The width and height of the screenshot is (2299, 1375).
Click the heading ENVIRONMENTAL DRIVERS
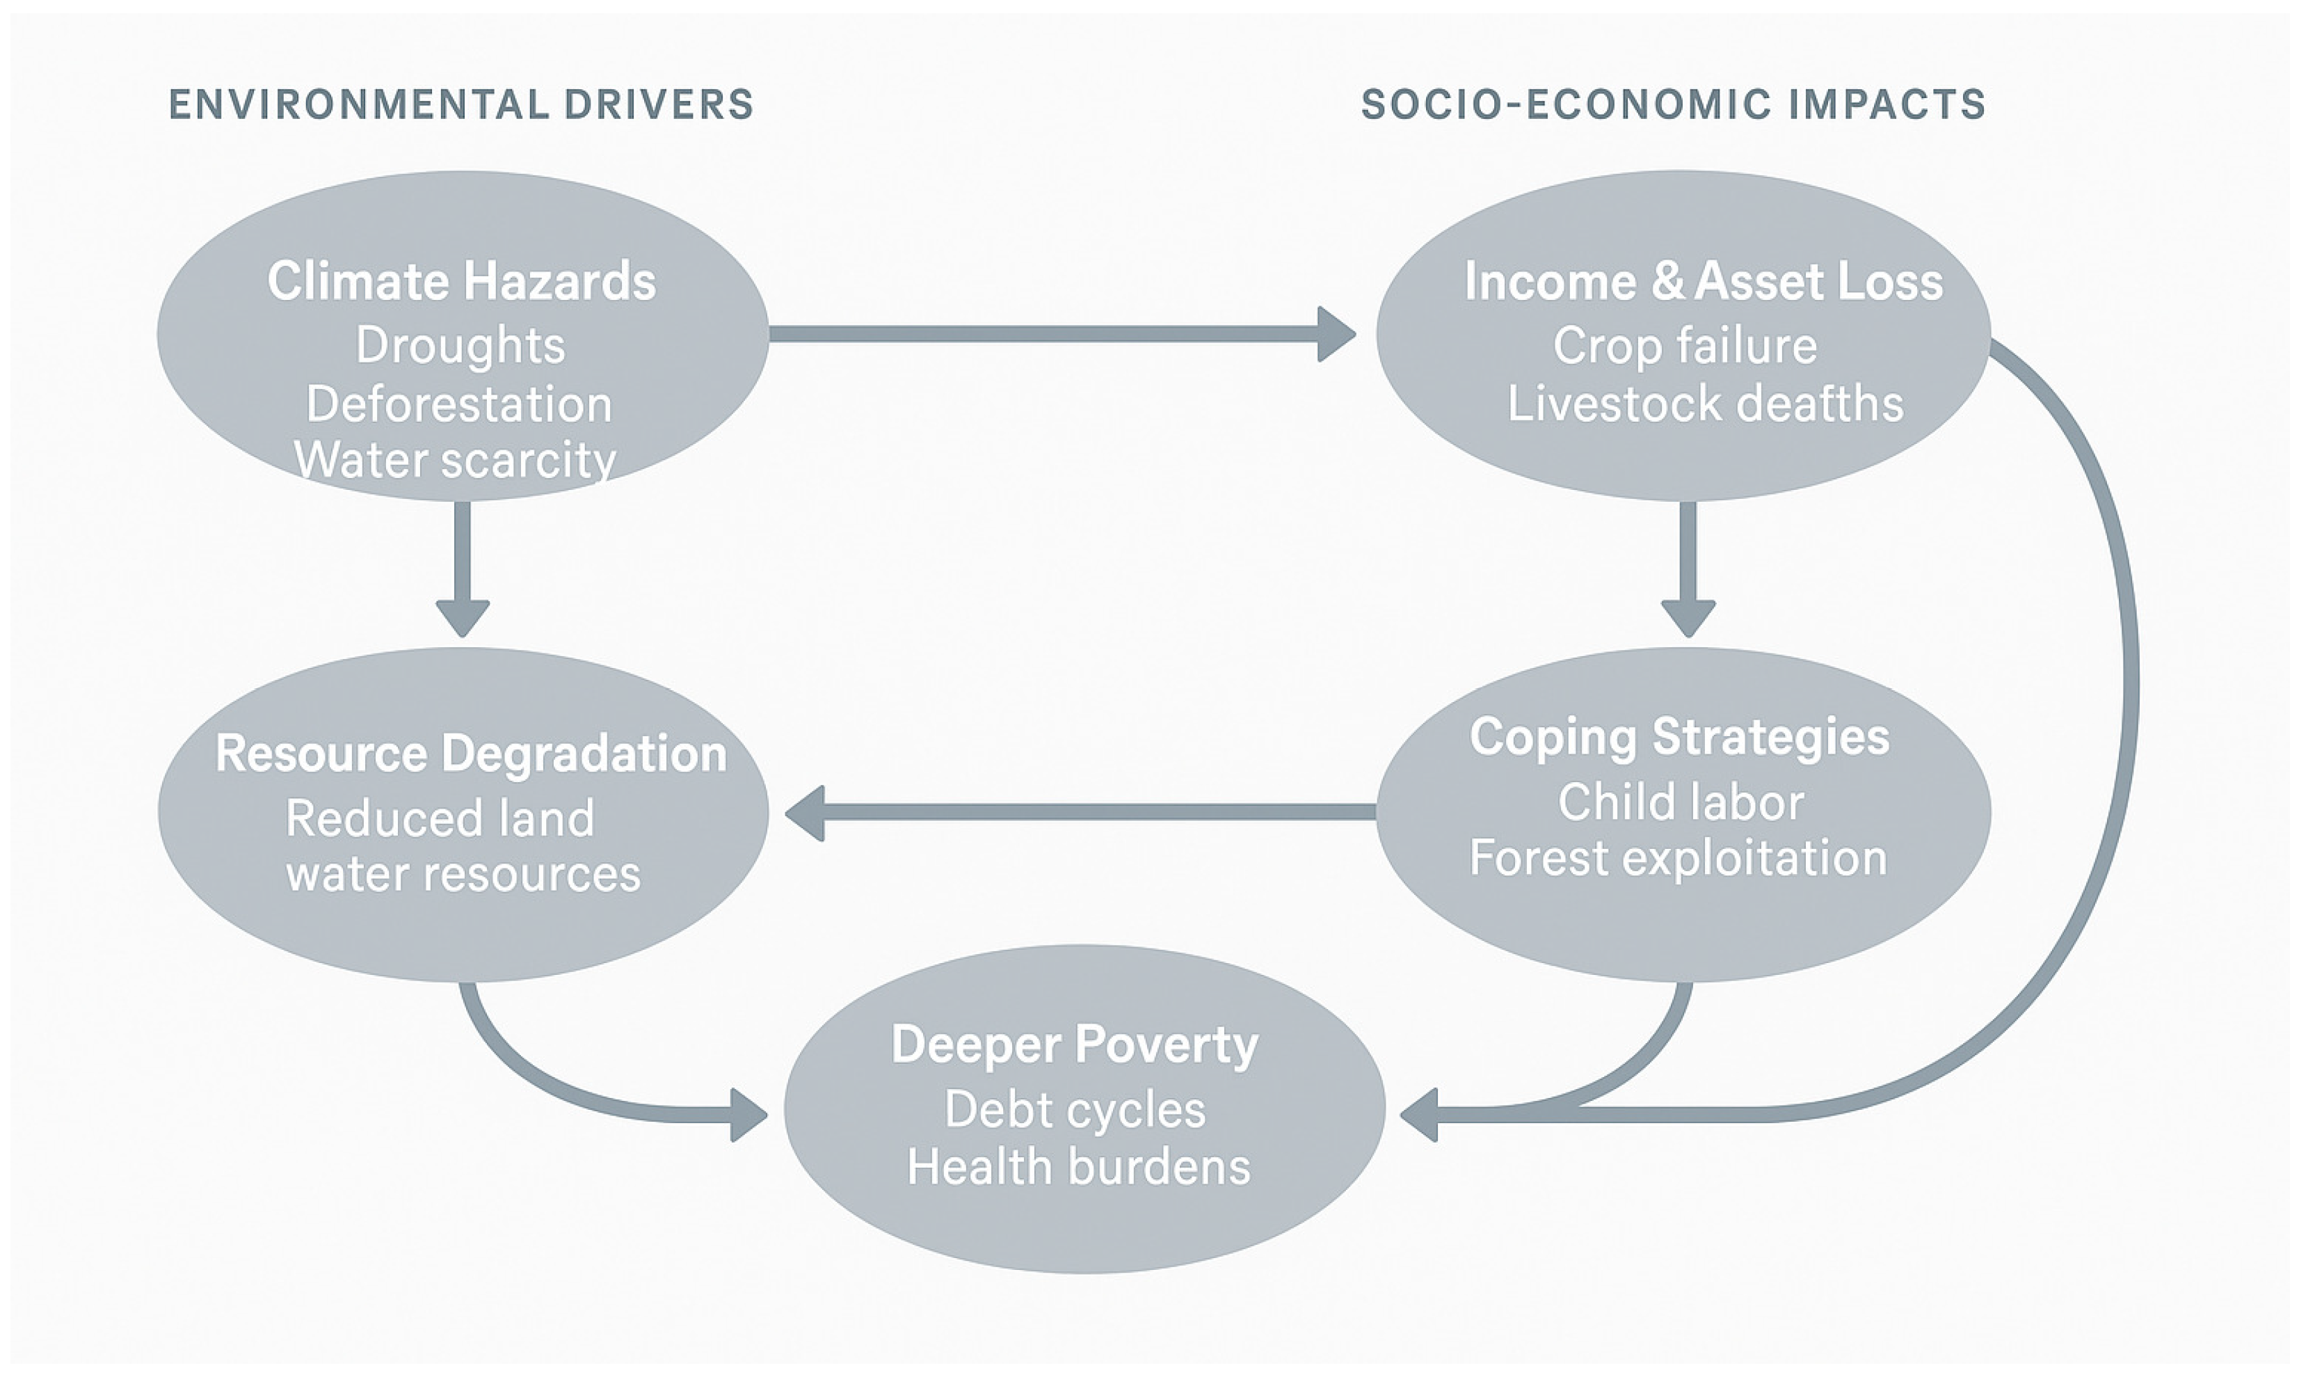point(461,104)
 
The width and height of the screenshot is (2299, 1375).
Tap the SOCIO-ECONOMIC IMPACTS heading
point(1673,104)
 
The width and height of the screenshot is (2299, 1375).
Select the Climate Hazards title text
point(461,280)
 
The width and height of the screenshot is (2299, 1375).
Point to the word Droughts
point(460,346)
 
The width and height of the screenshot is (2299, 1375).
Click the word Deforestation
point(459,405)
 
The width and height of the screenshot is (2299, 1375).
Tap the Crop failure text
point(1685,346)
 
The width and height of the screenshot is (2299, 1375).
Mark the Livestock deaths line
point(1705,404)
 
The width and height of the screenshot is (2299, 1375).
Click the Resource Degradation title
point(470,754)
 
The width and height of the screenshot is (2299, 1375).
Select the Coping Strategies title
point(1679,738)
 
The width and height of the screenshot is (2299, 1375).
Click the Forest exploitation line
point(1679,858)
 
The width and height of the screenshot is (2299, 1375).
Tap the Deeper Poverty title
point(1075,1045)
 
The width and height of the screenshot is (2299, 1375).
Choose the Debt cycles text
point(1075,1110)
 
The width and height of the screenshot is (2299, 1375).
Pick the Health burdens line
point(1078,1166)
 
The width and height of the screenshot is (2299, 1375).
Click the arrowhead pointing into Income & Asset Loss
point(1336,335)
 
